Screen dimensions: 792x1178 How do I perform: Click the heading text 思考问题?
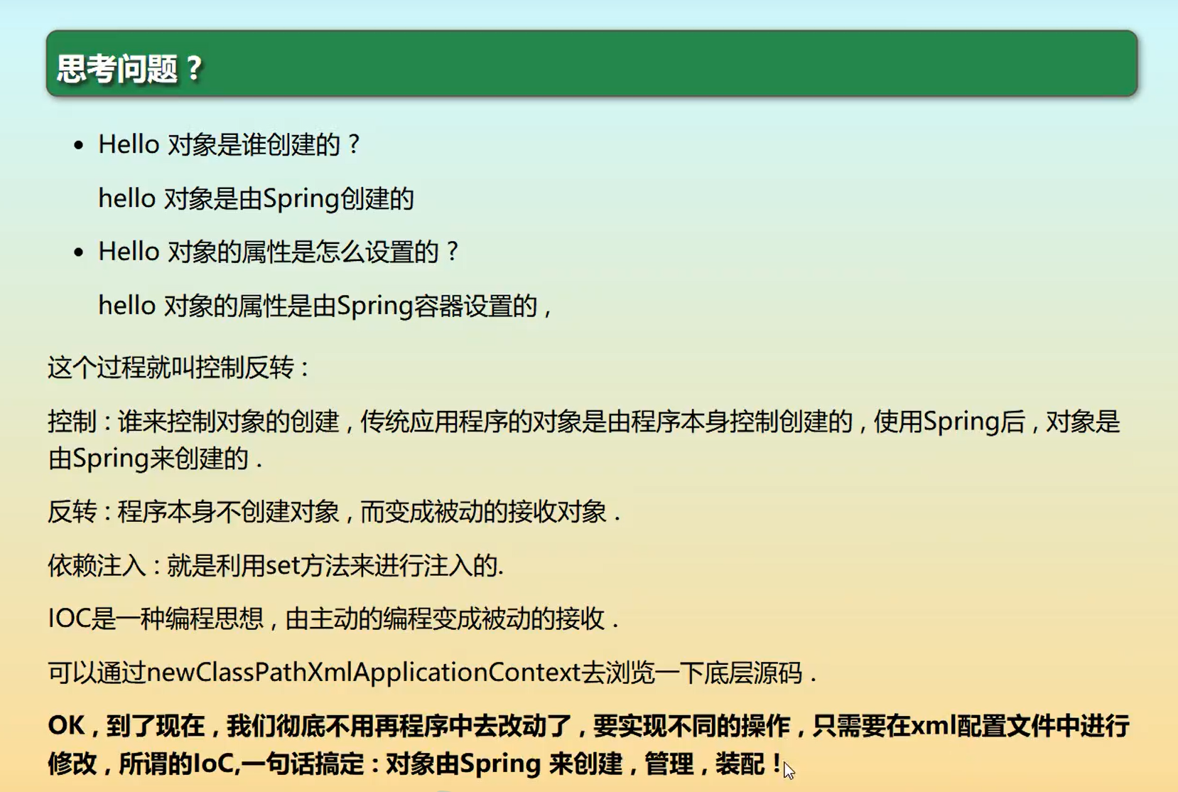point(117,69)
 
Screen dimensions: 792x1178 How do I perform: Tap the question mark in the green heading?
point(193,69)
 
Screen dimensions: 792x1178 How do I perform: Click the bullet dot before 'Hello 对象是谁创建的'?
point(79,145)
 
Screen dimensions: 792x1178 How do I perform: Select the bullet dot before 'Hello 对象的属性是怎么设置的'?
point(79,252)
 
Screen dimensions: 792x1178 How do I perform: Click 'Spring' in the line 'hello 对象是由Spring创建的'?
point(302,199)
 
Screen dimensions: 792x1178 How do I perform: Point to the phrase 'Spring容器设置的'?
point(436,306)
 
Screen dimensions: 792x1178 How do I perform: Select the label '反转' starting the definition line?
point(72,512)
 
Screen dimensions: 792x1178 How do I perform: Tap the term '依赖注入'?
point(97,565)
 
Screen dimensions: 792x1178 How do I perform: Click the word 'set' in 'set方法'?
point(283,565)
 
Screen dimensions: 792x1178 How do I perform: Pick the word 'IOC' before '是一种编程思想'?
point(69,619)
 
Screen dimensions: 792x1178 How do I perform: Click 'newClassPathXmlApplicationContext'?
point(364,673)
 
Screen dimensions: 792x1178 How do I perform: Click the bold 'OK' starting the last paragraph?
point(66,726)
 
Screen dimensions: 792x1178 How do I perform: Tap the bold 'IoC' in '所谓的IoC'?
point(212,764)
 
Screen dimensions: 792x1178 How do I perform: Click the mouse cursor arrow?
point(788,769)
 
